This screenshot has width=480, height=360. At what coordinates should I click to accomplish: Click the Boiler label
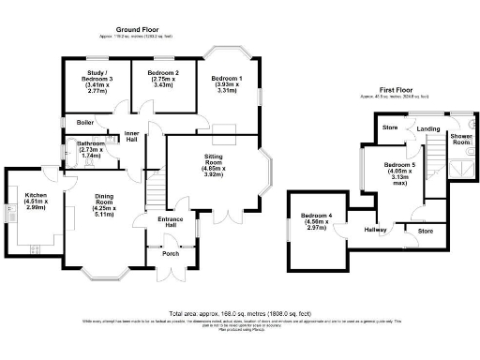85,122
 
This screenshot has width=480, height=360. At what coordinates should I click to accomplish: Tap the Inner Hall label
132,137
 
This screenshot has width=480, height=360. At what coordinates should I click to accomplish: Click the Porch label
171,253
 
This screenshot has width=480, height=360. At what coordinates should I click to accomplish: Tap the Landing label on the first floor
428,127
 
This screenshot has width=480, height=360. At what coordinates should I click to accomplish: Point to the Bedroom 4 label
317,219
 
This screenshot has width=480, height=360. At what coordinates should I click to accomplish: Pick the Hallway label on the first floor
376,229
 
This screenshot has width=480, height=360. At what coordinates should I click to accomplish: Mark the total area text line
239,313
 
